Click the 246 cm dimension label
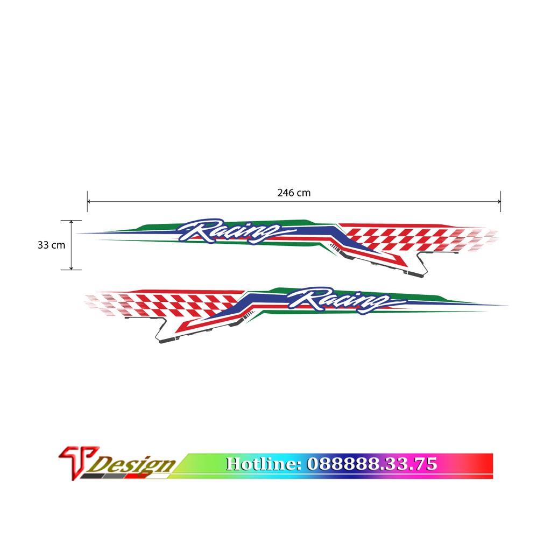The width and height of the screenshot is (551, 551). [294, 193]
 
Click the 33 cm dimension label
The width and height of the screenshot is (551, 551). [51, 245]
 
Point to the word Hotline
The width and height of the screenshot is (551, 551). [264, 464]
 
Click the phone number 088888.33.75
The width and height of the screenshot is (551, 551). [372, 464]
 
